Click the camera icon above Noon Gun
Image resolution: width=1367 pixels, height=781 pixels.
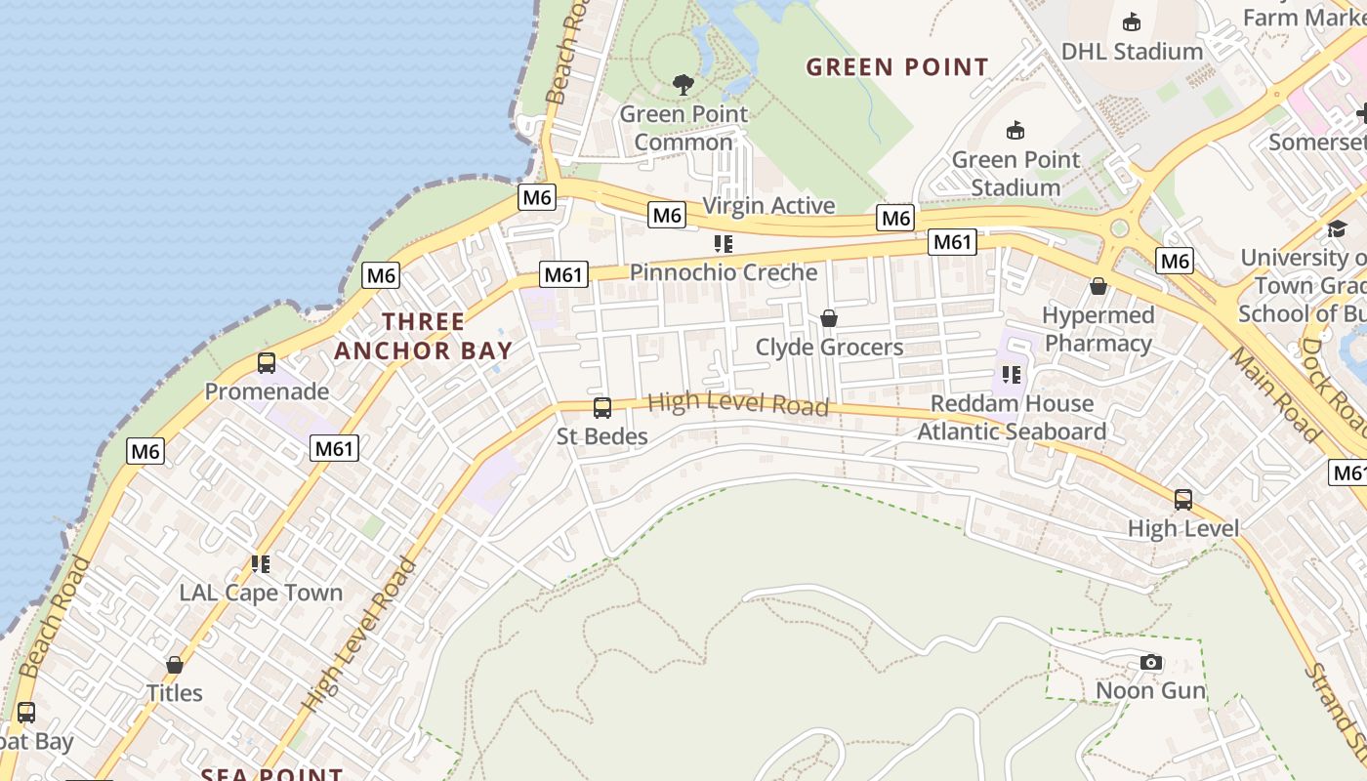click(x=1151, y=663)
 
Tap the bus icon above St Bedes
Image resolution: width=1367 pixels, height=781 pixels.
click(x=602, y=408)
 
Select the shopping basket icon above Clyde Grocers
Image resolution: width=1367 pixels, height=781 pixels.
click(x=829, y=318)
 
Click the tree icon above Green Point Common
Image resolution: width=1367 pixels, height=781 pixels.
click(x=683, y=85)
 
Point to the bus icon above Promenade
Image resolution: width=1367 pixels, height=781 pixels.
click(x=267, y=363)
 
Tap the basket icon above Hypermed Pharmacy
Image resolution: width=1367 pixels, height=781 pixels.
click(x=1098, y=286)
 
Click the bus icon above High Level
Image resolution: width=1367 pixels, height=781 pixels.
click(x=1183, y=500)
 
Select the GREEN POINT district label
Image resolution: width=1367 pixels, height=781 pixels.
click(x=897, y=67)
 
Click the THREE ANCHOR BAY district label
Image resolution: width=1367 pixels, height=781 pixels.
click(x=423, y=336)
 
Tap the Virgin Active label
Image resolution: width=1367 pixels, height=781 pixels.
click(x=768, y=205)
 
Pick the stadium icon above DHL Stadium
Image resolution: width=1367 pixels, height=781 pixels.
click(x=1132, y=21)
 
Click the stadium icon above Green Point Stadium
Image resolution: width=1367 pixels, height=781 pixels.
click(x=1015, y=130)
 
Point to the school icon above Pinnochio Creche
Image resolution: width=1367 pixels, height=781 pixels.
click(x=723, y=243)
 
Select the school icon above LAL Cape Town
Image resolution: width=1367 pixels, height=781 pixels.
click(x=260, y=563)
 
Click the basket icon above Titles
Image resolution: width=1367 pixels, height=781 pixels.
click(x=175, y=665)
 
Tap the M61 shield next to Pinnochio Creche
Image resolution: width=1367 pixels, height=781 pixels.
click(x=563, y=274)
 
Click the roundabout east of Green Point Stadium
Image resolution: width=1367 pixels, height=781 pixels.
click(x=1120, y=228)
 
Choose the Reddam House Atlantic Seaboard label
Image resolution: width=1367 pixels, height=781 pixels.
click(x=1012, y=417)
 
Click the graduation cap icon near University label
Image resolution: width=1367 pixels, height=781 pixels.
click(x=1337, y=228)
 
